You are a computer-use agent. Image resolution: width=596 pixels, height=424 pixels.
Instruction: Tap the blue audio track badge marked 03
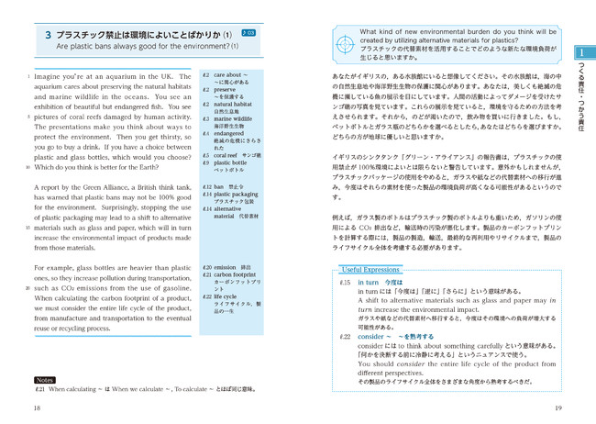click(249, 33)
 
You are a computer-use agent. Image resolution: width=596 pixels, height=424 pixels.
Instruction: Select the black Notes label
click(44, 379)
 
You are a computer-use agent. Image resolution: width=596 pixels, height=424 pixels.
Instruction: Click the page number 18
click(36, 408)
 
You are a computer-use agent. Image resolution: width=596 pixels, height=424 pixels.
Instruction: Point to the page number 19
click(558, 408)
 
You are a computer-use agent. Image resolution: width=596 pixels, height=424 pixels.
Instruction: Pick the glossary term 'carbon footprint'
click(239, 274)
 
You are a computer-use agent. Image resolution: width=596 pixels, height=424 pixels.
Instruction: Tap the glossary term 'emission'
click(233, 267)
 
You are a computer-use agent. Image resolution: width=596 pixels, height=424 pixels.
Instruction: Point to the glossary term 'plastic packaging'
click(239, 195)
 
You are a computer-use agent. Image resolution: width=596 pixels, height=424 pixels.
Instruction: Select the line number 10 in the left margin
click(28, 167)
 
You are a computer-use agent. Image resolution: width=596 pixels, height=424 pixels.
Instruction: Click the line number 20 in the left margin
click(28, 288)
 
